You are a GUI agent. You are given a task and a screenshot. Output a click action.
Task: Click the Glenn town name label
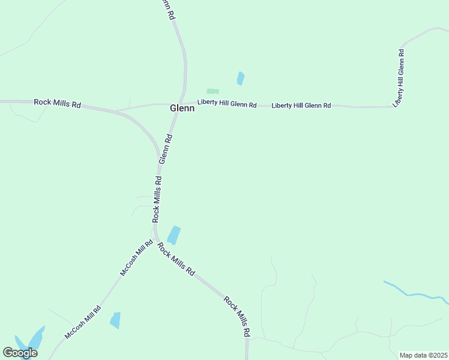point(182,109)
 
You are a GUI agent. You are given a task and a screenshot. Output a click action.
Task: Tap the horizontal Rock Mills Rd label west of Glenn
point(57,103)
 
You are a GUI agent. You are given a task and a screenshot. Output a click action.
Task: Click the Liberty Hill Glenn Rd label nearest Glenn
point(228,104)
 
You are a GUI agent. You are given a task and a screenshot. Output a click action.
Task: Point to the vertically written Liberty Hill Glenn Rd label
point(399,78)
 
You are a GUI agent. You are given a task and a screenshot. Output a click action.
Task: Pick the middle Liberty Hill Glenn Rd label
point(301,106)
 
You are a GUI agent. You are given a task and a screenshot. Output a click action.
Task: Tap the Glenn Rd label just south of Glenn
point(166,149)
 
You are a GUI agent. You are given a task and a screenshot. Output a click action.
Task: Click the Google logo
point(20,353)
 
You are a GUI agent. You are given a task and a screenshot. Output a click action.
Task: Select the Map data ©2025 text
point(423,355)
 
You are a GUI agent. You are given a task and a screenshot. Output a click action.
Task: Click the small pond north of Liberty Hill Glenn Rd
point(241,78)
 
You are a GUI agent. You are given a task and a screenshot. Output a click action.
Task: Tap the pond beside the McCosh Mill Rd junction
point(173,235)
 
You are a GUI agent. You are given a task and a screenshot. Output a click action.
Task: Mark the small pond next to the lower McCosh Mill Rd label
point(115,320)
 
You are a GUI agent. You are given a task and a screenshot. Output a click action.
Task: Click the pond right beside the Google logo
point(34,339)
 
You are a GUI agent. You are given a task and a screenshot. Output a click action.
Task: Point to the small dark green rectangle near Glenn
point(212,91)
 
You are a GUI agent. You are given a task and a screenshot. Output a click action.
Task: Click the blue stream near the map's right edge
point(414,293)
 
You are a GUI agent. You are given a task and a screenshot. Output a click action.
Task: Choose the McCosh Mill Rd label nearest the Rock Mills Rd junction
point(136,258)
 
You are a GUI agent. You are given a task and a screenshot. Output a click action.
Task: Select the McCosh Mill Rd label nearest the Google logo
point(83,324)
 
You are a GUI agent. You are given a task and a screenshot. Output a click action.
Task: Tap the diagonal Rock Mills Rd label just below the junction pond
point(176,259)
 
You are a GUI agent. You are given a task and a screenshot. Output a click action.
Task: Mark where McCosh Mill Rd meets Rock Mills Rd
point(155,239)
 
